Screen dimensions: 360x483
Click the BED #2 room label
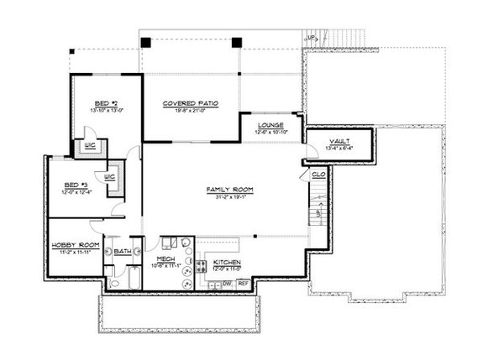coord(104,103)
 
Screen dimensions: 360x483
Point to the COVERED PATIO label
coord(191,102)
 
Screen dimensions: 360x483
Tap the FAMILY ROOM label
coord(229,190)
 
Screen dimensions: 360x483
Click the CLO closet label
coord(318,175)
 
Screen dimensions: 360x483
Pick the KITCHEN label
coord(227,263)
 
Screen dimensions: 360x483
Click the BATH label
coord(122,251)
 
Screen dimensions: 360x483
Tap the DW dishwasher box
coord(226,284)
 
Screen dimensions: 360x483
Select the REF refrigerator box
coord(243,284)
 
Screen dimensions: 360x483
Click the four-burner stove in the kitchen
coord(202,268)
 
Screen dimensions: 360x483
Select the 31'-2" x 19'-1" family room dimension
coord(229,197)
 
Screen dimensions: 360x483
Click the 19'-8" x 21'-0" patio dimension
coord(191,109)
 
